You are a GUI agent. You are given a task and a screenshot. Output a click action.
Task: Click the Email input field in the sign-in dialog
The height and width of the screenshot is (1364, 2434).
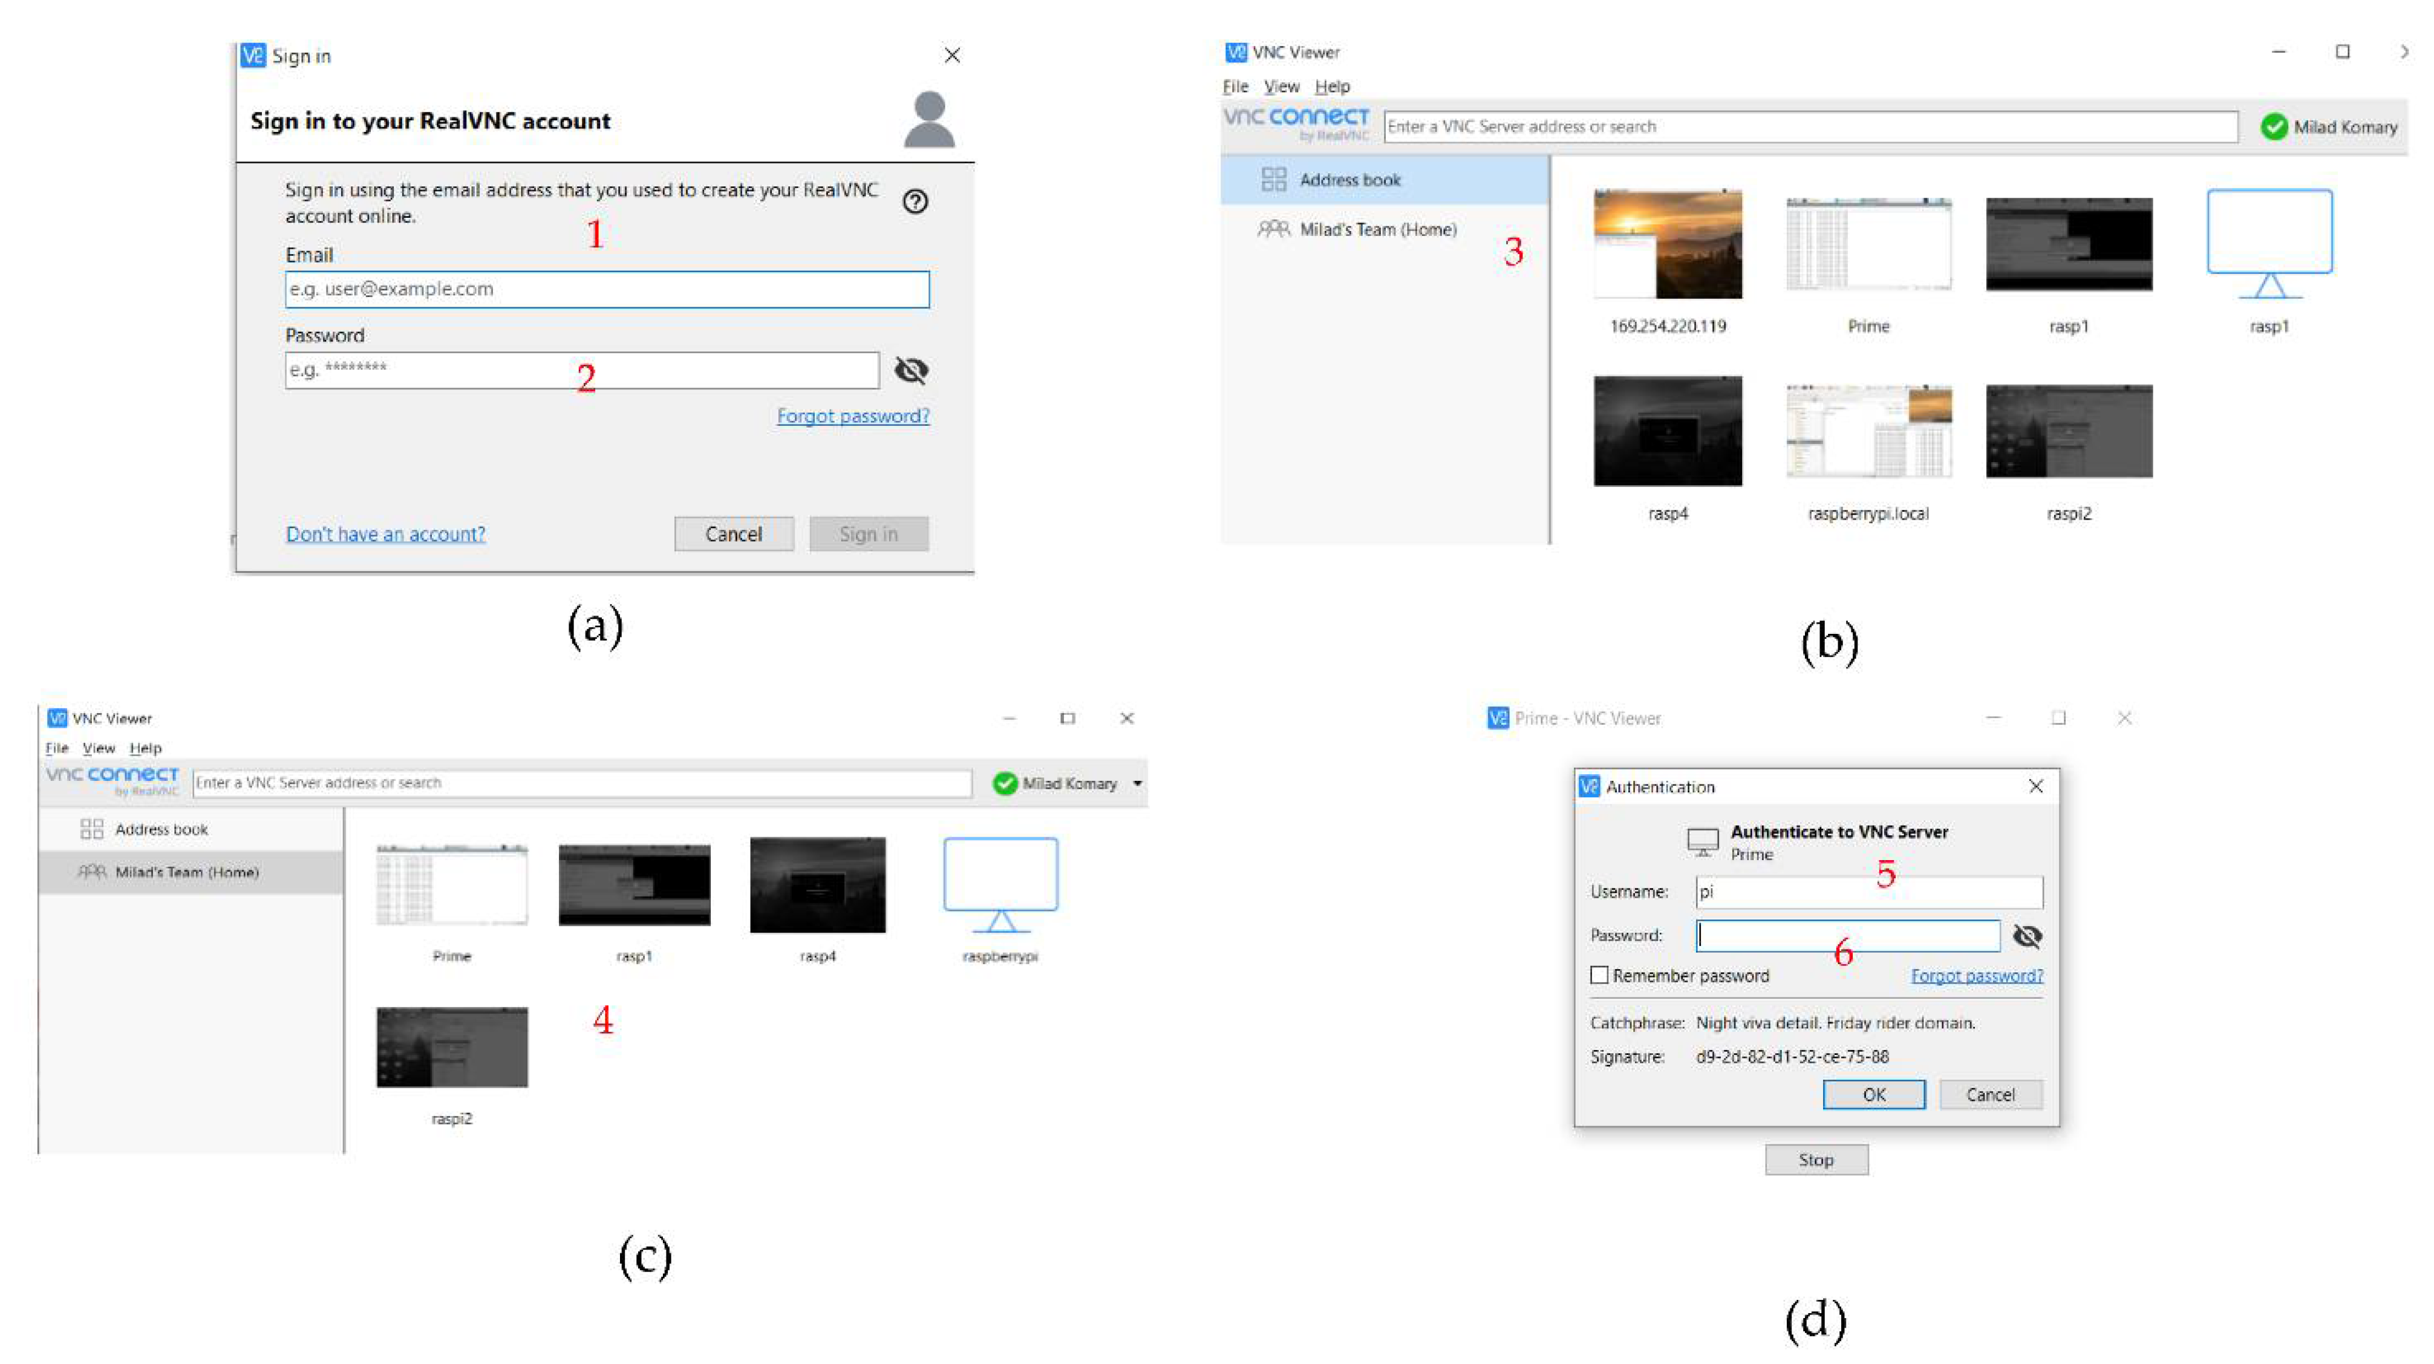[x=607, y=289]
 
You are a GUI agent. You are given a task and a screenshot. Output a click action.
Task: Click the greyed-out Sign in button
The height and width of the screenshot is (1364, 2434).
[x=869, y=534]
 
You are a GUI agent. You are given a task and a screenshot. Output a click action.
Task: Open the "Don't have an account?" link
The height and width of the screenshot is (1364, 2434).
[x=385, y=534]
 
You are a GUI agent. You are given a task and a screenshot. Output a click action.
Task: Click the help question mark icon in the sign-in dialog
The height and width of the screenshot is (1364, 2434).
[x=915, y=201]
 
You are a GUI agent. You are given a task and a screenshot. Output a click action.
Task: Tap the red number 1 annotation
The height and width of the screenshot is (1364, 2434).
[x=595, y=233]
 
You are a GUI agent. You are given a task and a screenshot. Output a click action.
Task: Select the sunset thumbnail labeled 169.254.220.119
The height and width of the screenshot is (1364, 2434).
[x=1668, y=244]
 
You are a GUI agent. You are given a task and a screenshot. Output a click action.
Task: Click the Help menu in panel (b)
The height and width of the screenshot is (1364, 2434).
[x=1333, y=86]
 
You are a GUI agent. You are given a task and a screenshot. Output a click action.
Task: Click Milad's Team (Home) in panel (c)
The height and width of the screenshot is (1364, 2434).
[x=187, y=872]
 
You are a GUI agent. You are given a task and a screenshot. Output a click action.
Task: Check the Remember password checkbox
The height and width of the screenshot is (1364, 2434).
[x=1599, y=975]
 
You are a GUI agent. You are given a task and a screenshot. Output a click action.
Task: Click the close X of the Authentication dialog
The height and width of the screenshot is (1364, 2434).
[x=2036, y=786]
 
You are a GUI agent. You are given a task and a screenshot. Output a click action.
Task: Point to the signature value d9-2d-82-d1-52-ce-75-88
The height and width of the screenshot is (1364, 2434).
[x=1792, y=1057]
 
